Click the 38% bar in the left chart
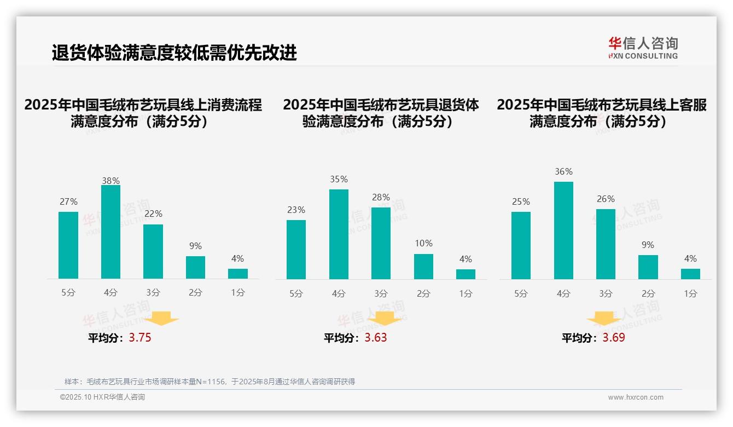pyautogui.click(x=110, y=232)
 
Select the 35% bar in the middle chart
pyautogui.click(x=339, y=234)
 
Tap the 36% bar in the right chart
pyautogui.click(x=563, y=230)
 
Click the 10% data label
pyautogui.click(x=423, y=243)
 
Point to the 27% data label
pyautogui.click(x=68, y=201)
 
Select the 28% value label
pyautogui.click(x=381, y=197)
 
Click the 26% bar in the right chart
pyautogui.click(x=606, y=244)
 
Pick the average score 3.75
pyautogui.click(x=140, y=338)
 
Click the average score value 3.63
pyautogui.click(x=376, y=338)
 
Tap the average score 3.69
pyautogui.click(x=614, y=338)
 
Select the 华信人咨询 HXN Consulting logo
pyautogui.click(x=643, y=48)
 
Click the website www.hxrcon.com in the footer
pyautogui.click(x=636, y=397)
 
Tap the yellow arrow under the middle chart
pyautogui.click(x=385, y=318)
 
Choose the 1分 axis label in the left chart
pyautogui.click(x=238, y=293)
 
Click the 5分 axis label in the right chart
pyautogui.click(x=521, y=294)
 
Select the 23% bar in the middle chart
pyautogui.click(x=296, y=250)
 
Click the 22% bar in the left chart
pyautogui.click(x=153, y=252)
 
